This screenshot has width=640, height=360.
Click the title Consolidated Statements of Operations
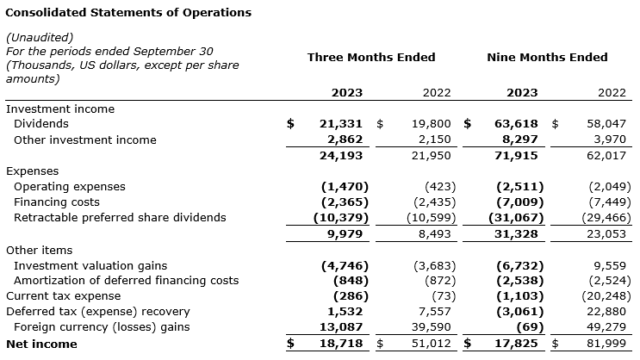128,13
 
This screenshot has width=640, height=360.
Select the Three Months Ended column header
371,58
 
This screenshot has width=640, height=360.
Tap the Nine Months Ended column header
547,58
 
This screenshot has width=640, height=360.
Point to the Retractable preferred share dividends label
120,218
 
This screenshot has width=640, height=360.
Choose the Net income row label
41,344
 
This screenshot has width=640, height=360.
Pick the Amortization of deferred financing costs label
126,281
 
